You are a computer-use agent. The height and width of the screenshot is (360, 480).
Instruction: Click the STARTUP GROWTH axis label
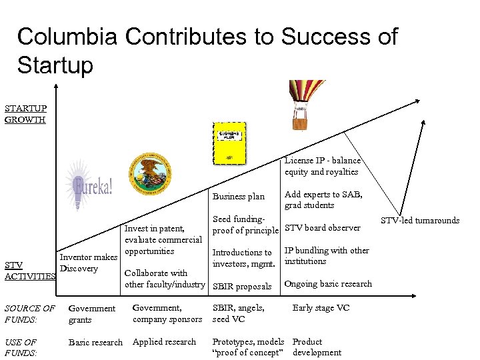[25, 114]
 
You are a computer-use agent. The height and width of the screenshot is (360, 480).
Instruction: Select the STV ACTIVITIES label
[28, 271]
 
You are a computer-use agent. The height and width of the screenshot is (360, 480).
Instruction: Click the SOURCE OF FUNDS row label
[29, 314]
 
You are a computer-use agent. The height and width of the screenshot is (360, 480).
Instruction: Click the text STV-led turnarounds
[420, 221]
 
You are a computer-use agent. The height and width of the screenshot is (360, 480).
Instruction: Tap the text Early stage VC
[320, 308]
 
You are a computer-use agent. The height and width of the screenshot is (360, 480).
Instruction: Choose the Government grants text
[92, 314]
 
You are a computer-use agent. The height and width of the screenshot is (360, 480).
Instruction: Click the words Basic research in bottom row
[95, 343]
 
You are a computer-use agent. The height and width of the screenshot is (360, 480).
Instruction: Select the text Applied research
[164, 342]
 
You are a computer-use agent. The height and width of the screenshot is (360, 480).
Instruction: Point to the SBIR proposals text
[241, 287]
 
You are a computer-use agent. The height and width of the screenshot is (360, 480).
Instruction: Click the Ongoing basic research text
[327, 284]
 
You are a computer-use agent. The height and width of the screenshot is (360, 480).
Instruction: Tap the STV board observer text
[322, 228]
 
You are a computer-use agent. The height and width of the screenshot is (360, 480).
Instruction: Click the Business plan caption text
[238, 197]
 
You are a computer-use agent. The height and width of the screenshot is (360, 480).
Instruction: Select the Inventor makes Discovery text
[88, 263]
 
